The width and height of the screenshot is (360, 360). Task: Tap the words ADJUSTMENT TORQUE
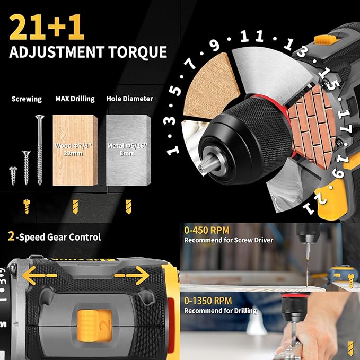[x=88, y=52]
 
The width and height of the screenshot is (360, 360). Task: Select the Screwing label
[x=26, y=99]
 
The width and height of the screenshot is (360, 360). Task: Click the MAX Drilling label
[x=75, y=99]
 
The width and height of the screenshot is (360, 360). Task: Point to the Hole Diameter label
[x=129, y=99]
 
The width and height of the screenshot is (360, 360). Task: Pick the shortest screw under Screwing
[x=13, y=174]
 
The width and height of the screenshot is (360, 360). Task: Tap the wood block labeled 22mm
[x=75, y=151]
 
